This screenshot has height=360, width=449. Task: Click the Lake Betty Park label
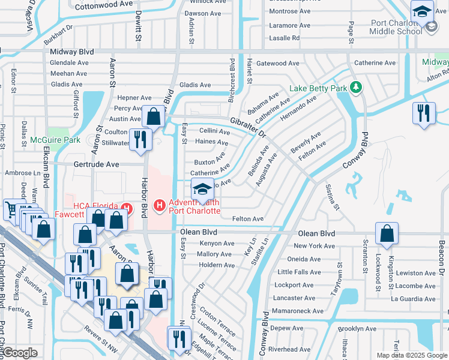click(318, 88)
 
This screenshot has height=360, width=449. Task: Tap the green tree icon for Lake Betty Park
click(355, 88)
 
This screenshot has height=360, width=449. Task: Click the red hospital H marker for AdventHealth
click(160, 206)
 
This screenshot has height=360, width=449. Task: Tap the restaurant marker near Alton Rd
click(424, 114)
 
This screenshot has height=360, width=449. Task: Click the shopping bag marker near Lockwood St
click(387, 233)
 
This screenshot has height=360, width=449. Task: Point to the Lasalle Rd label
click(284, 38)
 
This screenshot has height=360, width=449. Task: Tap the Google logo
click(19, 353)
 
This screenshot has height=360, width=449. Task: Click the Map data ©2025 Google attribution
click(412, 355)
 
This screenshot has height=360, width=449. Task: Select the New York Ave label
click(315, 246)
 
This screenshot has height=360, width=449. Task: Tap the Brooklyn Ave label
click(357, 329)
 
